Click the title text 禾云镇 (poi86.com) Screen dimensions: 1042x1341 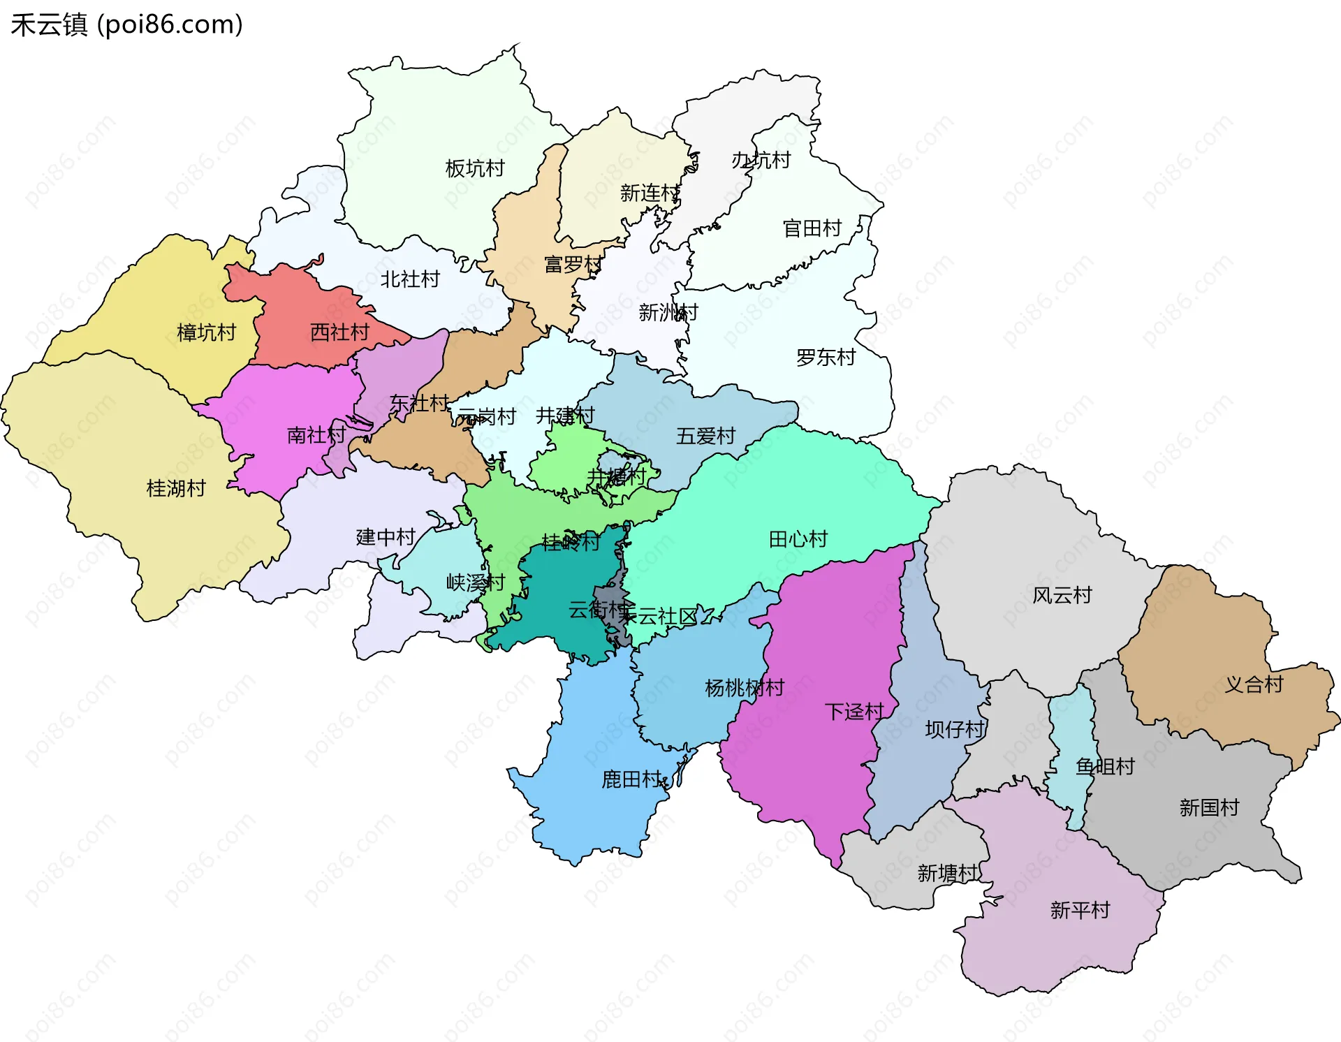coord(126,24)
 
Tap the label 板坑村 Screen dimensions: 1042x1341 coord(474,168)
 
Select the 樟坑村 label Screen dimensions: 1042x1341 coord(206,332)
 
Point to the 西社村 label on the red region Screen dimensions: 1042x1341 coord(339,332)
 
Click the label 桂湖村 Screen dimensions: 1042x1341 coord(176,488)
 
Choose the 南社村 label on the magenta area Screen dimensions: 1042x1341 coord(316,435)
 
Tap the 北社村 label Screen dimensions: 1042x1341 coord(410,279)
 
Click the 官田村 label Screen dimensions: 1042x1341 coord(812,228)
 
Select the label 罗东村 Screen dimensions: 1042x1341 coord(826,358)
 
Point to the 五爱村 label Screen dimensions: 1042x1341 coord(705,436)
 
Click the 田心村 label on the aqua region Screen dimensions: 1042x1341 coord(798,539)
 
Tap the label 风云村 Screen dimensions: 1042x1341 coord(1062,596)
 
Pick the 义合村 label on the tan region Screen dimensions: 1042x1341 coord(1254,684)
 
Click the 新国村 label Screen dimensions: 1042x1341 coord(1209,808)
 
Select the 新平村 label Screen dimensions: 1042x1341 coord(1080,910)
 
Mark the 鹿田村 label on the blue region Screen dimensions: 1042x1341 coord(631,779)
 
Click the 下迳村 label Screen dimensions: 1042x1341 coord(854,712)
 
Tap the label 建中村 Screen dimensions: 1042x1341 coord(386,537)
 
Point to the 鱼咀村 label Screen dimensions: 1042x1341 coord(1105,767)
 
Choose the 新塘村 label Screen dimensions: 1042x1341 coord(947,873)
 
